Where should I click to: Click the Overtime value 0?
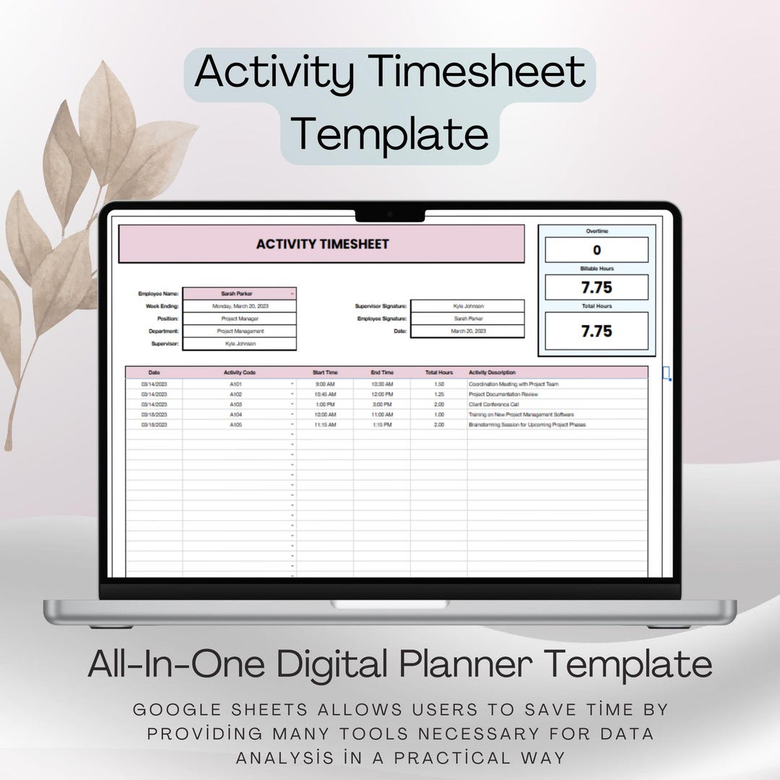click(x=597, y=250)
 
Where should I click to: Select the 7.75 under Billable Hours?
click(x=597, y=287)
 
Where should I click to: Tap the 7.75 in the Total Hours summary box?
click(x=597, y=331)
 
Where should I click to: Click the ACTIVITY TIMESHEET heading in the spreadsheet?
click(x=322, y=244)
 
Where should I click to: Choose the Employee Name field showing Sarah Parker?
click(x=239, y=294)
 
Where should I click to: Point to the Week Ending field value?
click(x=239, y=306)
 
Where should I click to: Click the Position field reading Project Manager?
click(x=239, y=318)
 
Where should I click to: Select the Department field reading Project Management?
click(x=239, y=331)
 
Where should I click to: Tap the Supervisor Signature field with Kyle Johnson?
click(x=467, y=306)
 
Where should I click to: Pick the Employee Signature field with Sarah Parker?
click(x=467, y=318)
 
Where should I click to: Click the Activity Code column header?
click(x=239, y=373)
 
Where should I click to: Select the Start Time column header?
click(x=325, y=373)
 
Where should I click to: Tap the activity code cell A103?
click(x=236, y=404)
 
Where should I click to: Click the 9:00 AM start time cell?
click(x=325, y=384)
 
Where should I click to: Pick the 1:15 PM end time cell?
click(x=382, y=425)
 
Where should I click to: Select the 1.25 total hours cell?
click(x=439, y=394)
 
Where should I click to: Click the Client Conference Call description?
click(x=493, y=404)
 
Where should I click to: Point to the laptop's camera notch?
click(x=389, y=214)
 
